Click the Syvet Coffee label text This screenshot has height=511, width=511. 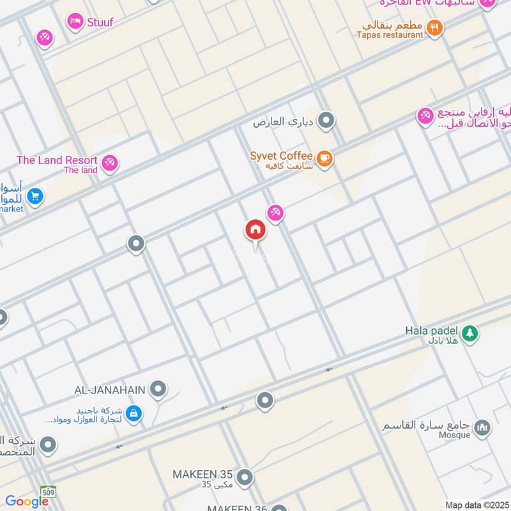click(281, 156)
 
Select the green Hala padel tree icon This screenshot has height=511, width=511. click(470, 333)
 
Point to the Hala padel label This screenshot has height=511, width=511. click(432, 331)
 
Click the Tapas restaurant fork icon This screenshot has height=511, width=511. click(435, 27)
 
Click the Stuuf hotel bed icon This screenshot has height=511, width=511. click(75, 21)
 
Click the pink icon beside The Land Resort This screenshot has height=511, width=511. click(110, 163)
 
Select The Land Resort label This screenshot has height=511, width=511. click(57, 160)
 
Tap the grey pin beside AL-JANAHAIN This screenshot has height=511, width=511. click(158, 388)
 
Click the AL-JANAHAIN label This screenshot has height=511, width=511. click(111, 388)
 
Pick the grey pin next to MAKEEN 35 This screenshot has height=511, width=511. click(244, 477)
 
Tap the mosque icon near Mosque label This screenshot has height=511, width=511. click(483, 427)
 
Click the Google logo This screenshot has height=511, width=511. click(27, 501)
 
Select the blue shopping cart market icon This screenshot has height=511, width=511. click(35, 196)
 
